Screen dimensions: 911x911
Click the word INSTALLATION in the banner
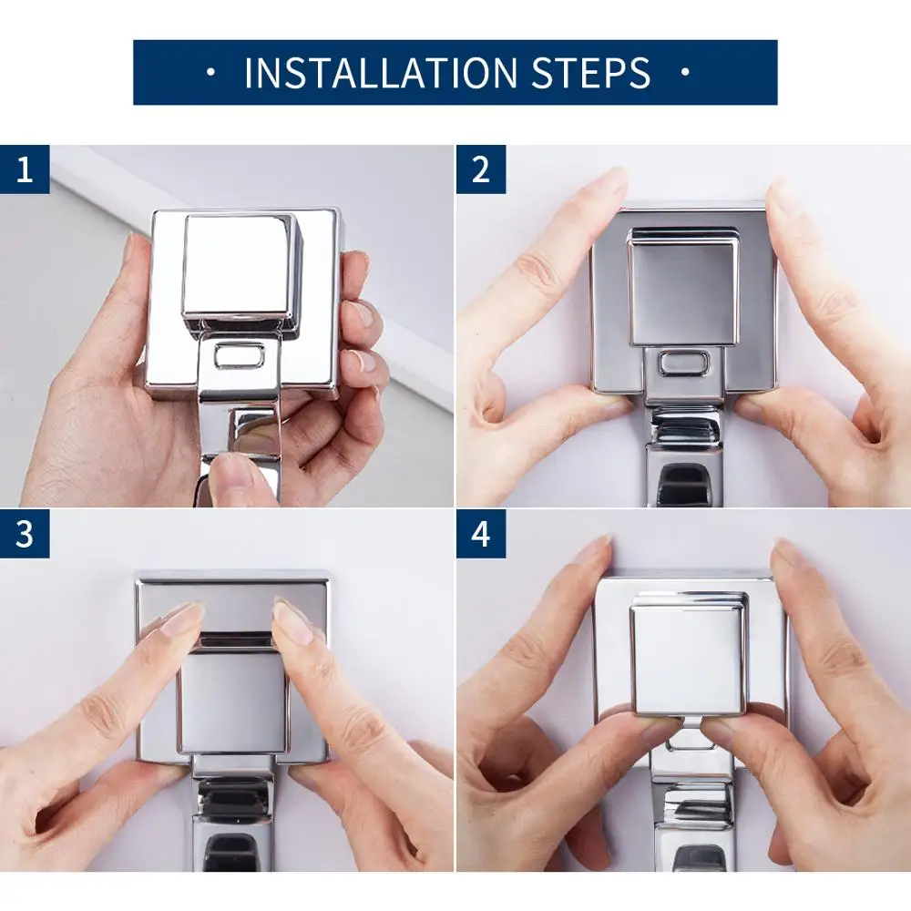pyautogui.click(x=381, y=73)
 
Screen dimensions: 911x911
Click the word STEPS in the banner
pyautogui.click(x=591, y=73)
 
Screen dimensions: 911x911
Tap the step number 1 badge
pyautogui.click(x=25, y=169)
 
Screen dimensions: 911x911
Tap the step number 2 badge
pyautogui.click(x=480, y=169)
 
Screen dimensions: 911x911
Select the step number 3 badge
pyautogui.click(x=25, y=533)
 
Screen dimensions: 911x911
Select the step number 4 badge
pyautogui.click(x=480, y=533)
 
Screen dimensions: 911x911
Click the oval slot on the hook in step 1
pyautogui.click(x=239, y=355)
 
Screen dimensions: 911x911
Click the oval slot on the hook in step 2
pyautogui.click(x=684, y=363)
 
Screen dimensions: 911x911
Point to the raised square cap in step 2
pyautogui.click(x=684, y=288)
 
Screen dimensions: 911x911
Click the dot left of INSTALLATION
pyautogui.click(x=211, y=73)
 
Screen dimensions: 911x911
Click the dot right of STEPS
pyautogui.click(x=686, y=73)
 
